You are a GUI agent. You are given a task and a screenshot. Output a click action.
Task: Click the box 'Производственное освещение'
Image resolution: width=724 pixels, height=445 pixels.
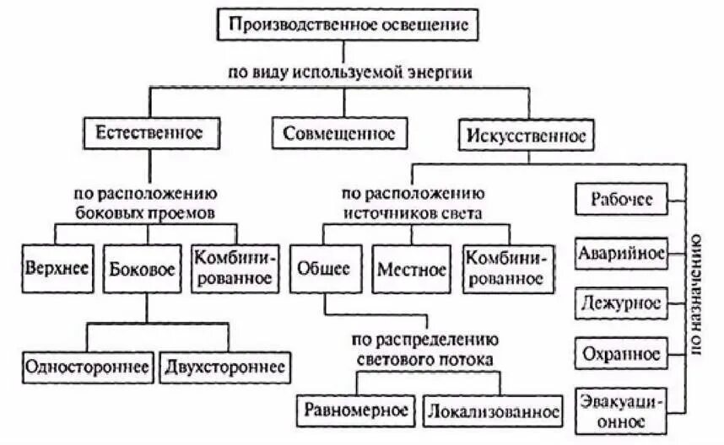[348, 24]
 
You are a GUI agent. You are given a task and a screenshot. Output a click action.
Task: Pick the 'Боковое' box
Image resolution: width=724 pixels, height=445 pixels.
[143, 270]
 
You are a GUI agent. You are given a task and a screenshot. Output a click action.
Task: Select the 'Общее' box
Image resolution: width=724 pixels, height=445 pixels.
[323, 270]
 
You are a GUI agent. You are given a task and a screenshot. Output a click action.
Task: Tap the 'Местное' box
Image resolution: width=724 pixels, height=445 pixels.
[411, 270]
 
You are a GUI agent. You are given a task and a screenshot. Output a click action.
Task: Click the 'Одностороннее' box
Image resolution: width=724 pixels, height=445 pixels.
[88, 367]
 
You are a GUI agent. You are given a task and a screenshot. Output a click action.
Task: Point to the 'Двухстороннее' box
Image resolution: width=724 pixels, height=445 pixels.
[224, 367]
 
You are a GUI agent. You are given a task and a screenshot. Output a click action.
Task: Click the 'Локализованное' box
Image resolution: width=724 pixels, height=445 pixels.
[494, 412]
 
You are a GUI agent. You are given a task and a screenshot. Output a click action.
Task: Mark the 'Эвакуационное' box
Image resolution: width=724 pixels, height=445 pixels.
[620, 409]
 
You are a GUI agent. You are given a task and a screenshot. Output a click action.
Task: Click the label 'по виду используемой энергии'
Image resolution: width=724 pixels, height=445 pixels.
[348, 72]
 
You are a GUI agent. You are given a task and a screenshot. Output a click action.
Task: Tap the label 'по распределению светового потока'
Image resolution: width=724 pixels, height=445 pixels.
[426, 350]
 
